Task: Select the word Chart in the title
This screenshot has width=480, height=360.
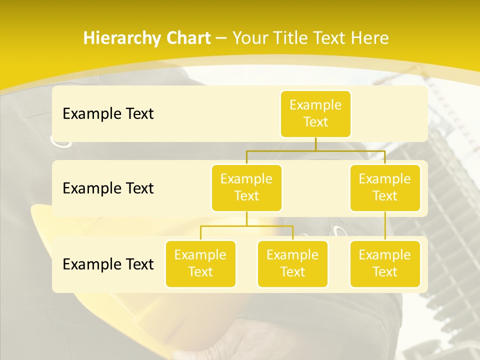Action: (188, 38)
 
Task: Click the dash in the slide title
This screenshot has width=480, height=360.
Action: (221, 38)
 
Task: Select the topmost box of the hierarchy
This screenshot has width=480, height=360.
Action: (315, 113)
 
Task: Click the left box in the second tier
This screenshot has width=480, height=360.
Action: (246, 187)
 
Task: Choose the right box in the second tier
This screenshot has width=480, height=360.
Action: (385, 187)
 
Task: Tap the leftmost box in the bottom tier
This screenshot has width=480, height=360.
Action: (200, 263)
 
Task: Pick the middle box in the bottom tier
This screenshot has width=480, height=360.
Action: (292, 263)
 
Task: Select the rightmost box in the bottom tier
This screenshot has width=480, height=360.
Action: (385, 263)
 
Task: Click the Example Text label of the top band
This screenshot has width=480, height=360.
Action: (108, 113)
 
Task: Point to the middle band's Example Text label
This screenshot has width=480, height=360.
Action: (108, 188)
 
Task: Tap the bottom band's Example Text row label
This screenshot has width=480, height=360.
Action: (108, 264)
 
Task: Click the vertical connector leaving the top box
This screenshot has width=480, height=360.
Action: (315, 144)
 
